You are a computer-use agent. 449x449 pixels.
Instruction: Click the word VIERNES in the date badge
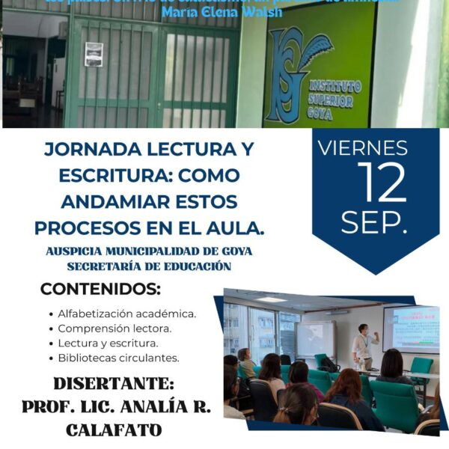point(375,148)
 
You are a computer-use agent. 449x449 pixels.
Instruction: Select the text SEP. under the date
point(375,222)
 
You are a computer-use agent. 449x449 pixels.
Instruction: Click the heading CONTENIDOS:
point(101,289)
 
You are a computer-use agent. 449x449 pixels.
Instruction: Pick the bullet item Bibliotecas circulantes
point(118,358)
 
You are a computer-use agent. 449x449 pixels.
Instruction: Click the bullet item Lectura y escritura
point(108,343)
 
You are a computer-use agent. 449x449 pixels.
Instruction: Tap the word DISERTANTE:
point(112,385)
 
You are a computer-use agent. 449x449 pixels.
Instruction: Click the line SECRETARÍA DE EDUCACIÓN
point(148,266)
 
